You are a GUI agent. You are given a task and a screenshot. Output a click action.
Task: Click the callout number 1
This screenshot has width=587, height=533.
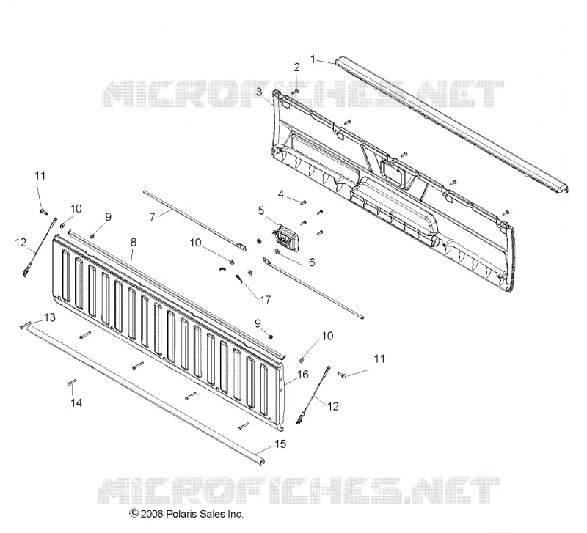pos(313,59)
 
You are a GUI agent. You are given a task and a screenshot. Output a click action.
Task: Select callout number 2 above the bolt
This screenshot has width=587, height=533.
pos(297,67)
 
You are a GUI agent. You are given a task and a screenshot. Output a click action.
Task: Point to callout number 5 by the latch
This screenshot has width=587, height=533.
pos(261,210)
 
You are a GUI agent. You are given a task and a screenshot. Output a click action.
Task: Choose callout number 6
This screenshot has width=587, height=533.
pos(312,262)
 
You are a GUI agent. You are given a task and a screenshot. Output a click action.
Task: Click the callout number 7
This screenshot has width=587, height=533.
pos(152,217)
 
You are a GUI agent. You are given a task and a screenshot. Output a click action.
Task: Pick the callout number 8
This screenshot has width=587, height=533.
pos(134,243)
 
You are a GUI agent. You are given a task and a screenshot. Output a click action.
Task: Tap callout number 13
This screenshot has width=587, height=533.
pos(50,317)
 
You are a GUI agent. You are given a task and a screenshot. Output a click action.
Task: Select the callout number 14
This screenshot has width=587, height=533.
pos(76,402)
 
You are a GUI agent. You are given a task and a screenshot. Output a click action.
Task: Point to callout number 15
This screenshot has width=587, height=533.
pos(280,444)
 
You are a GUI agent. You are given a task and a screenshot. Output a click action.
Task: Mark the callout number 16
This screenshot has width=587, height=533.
pos(303,374)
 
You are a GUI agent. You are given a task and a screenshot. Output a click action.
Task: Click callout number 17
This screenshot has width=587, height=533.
pos(265,300)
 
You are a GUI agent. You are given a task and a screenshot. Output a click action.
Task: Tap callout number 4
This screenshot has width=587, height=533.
pos(281,194)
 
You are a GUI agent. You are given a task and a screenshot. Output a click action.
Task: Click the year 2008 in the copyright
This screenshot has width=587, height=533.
pos(152,514)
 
